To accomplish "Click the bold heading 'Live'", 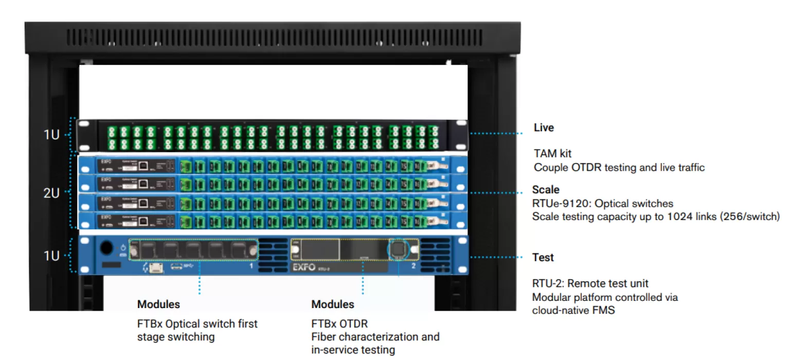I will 544,128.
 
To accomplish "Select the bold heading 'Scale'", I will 546,190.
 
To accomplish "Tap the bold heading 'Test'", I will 543,257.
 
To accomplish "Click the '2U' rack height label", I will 51,193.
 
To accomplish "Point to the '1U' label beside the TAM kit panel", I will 51,136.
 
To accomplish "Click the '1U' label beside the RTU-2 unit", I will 51,256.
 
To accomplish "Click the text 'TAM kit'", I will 552,153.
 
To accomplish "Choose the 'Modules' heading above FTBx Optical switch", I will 158,304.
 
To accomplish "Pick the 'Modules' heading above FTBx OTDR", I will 333,304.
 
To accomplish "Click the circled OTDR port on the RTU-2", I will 398,249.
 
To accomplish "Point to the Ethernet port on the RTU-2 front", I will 153,269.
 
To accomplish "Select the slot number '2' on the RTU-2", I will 413,267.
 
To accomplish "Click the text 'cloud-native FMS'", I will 573,310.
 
